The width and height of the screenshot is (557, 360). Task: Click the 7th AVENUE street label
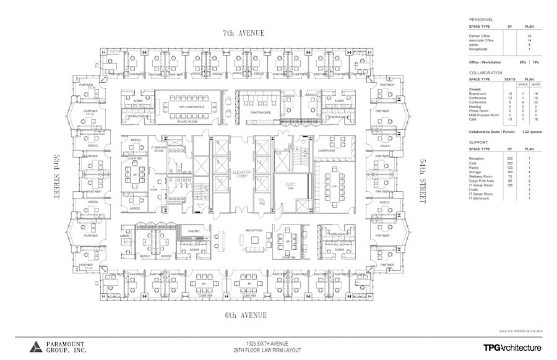(244, 32)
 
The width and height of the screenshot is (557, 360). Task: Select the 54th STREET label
(423, 181)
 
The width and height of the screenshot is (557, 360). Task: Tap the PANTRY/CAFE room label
(262, 113)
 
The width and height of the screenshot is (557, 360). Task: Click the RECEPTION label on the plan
(254, 230)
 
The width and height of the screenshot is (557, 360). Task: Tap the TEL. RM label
(261, 202)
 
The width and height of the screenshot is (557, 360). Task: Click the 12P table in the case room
(333, 187)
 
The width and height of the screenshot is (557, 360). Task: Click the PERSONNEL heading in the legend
(482, 20)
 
